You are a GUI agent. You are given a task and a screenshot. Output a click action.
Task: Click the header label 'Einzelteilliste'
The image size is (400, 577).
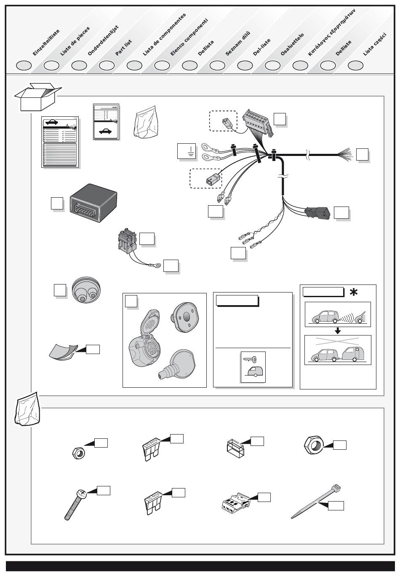(46, 43)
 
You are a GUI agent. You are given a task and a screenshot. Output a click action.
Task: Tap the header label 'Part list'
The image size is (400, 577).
(123, 48)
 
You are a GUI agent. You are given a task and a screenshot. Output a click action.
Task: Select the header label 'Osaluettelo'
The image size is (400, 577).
(292, 45)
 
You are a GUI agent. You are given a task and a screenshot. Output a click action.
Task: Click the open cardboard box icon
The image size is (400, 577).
(37, 97)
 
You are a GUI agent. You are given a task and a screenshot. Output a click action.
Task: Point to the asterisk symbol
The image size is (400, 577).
(354, 292)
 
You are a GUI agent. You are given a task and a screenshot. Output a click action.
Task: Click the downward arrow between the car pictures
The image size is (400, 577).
(337, 330)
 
